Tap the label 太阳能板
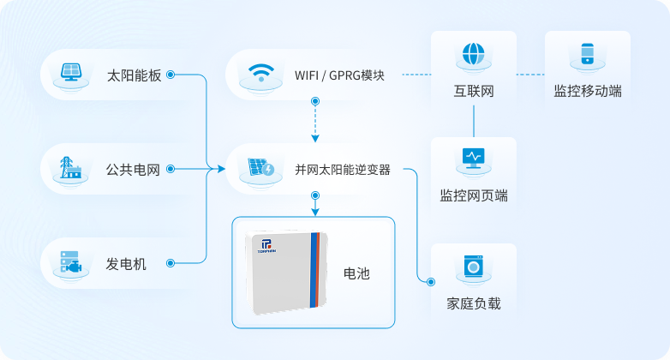click(134, 75)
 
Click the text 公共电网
click(134, 170)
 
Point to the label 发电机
click(126, 263)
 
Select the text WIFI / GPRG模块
click(338, 75)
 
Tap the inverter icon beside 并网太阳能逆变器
click(260, 169)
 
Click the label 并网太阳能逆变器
click(343, 170)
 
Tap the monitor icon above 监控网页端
click(473, 158)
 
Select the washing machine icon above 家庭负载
click(473, 266)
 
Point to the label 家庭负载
click(474, 303)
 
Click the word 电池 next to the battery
click(356, 273)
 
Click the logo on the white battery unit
click(266, 246)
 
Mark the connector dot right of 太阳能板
click(170, 75)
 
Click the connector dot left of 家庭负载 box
click(431, 280)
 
